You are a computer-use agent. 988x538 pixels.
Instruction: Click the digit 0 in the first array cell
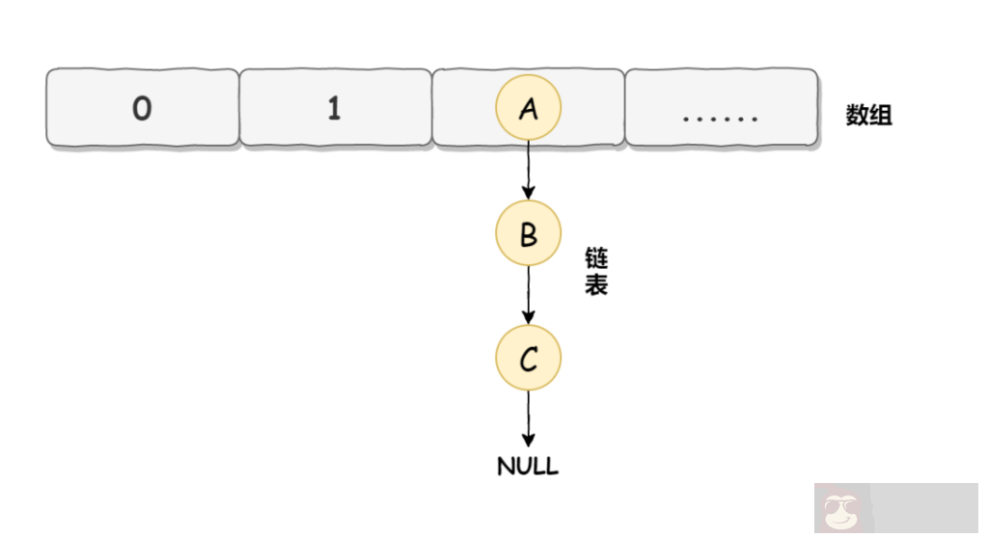pyautogui.click(x=142, y=110)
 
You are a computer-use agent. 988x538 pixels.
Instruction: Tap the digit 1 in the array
pyautogui.click(x=334, y=110)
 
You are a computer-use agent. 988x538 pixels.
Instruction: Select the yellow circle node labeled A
pyautogui.click(x=528, y=109)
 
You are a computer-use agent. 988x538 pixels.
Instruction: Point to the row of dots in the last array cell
pyautogui.click(x=720, y=119)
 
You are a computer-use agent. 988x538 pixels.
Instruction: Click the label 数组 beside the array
pyautogui.click(x=868, y=116)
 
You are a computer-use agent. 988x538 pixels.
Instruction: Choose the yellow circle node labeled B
pyautogui.click(x=528, y=234)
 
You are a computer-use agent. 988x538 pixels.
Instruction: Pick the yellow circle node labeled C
pyautogui.click(x=528, y=360)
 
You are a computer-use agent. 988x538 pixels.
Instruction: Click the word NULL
pyautogui.click(x=528, y=467)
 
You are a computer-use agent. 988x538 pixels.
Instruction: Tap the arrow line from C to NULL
pyautogui.click(x=528, y=415)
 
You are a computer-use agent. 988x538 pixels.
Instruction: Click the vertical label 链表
pyautogui.click(x=595, y=272)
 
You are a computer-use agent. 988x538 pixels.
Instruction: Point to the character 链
pyautogui.click(x=595, y=259)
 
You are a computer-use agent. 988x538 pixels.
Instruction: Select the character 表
pyautogui.click(x=595, y=285)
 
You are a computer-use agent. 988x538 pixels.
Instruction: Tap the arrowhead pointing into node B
pyautogui.click(x=528, y=193)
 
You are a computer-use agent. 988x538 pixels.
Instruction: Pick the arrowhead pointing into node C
pyautogui.click(x=528, y=318)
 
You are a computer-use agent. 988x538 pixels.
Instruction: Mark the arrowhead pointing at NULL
pyautogui.click(x=528, y=442)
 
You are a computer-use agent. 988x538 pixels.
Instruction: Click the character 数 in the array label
pyautogui.click(x=857, y=116)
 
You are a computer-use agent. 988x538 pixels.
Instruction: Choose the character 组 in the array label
pyautogui.click(x=880, y=116)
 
